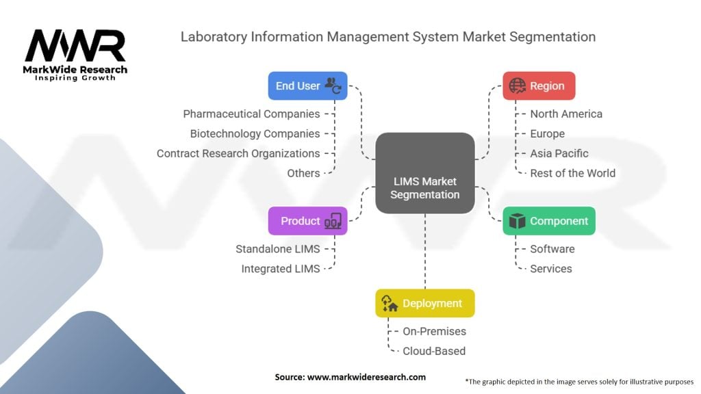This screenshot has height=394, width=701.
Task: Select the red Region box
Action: pyautogui.click(x=539, y=86)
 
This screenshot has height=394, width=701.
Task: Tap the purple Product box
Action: pyautogui.click(x=307, y=221)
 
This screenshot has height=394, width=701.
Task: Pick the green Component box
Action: pyautogui.click(x=548, y=221)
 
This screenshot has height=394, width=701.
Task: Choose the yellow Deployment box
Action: pyautogui.click(x=424, y=303)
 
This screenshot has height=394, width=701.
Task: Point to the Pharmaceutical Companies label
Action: pyautogui.click(x=251, y=114)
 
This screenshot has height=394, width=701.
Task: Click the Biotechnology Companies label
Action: pyautogui.click(x=255, y=133)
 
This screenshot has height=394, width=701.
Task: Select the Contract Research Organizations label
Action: pyautogui.click(x=238, y=153)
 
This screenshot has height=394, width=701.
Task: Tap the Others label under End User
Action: pyautogui.click(x=303, y=173)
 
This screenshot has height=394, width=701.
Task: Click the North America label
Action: pyautogui.click(x=566, y=114)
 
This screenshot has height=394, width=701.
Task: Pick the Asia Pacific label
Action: pyautogui.click(x=559, y=153)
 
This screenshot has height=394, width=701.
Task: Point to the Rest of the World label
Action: pyautogui.click(x=572, y=173)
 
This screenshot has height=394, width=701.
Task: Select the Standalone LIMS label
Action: pyautogui.click(x=277, y=249)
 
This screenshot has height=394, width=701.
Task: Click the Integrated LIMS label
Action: pyautogui.click(x=280, y=269)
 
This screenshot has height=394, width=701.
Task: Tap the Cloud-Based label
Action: pyautogui.click(x=433, y=351)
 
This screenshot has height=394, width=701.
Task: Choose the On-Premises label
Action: pyautogui.click(x=434, y=331)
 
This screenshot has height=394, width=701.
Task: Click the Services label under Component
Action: pyautogui.click(x=550, y=269)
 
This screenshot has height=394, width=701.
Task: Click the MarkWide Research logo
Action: pyautogui.click(x=75, y=55)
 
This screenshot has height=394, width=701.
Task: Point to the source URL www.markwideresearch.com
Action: pyautogui.click(x=350, y=377)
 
